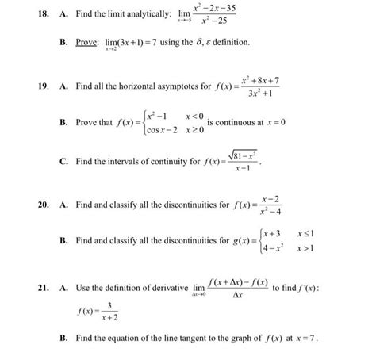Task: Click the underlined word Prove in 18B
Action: pos(89,41)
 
